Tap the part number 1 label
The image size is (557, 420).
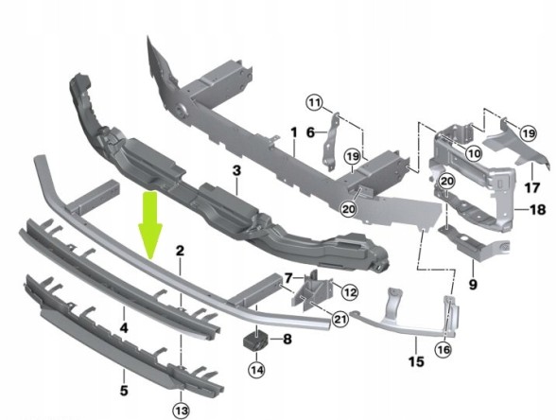coord(294,133)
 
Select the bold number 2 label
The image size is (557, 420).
coord(180,251)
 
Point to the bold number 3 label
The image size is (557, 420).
coord(236,170)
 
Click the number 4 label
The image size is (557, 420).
coord(124,328)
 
